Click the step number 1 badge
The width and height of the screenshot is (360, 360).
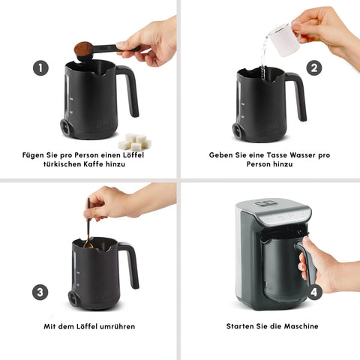[x=40, y=67]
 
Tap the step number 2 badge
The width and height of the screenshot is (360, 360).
[x=314, y=67]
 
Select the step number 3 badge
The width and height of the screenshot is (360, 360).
[x=40, y=292]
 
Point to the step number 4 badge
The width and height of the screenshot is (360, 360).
[x=314, y=292]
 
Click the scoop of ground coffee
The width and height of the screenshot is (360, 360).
[x=83, y=49]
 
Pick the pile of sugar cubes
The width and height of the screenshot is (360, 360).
[x=135, y=142]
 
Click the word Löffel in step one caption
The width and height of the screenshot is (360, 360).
[x=133, y=155]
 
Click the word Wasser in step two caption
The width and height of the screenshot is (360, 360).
[x=302, y=155]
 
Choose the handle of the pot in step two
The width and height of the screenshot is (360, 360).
[x=297, y=96]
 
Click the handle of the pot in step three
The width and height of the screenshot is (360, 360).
[x=130, y=265]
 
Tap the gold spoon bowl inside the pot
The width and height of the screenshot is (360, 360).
[x=88, y=244]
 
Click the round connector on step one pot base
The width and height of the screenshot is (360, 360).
[x=66, y=127]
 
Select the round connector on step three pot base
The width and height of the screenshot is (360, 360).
[x=73, y=298]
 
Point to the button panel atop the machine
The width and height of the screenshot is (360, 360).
[x=265, y=202]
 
